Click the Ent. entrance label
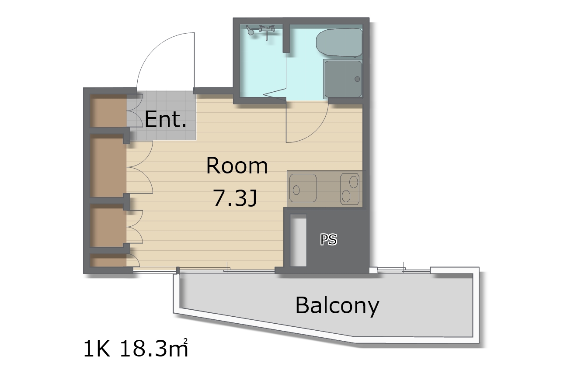(x=166, y=119)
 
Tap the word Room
(x=237, y=166)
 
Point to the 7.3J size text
(x=235, y=199)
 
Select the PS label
(x=329, y=239)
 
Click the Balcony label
(x=337, y=306)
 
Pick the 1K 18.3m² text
(x=136, y=348)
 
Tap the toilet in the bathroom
(x=339, y=42)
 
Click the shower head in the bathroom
(x=250, y=31)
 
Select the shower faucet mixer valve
(x=267, y=30)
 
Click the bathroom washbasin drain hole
(x=357, y=79)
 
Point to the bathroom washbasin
(x=343, y=79)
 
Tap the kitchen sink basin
(x=303, y=188)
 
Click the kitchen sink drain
(x=296, y=190)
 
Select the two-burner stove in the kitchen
(x=350, y=189)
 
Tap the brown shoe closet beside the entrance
(x=108, y=111)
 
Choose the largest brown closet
(x=108, y=166)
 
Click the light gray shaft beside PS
(x=298, y=240)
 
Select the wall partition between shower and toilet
(x=286, y=38)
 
